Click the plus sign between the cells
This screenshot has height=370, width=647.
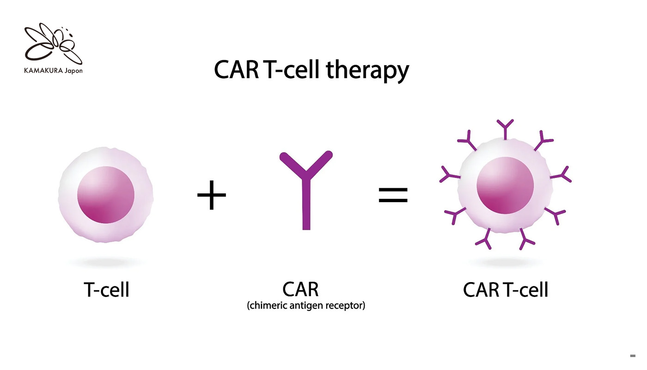(x=212, y=195)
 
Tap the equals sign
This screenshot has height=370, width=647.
(x=393, y=195)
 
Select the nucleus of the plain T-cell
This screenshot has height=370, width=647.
(x=106, y=195)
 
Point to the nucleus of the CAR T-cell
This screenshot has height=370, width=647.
(x=505, y=185)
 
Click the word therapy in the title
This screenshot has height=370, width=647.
(x=367, y=70)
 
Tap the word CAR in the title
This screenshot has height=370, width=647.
(x=236, y=69)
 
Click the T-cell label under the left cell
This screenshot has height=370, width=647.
(x=106, y=290)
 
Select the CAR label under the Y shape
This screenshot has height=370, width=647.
(x=300, y=289)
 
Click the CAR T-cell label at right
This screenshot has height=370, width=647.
(x=505, y=290)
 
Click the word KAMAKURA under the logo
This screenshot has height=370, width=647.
(x=43, y=71)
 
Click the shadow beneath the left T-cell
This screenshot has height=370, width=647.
(x=106, y=262)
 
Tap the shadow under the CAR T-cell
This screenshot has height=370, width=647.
(x=505, y=262)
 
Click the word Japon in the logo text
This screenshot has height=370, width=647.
(x=73, y=71)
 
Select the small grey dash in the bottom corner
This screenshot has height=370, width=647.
(x=633, y=356)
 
